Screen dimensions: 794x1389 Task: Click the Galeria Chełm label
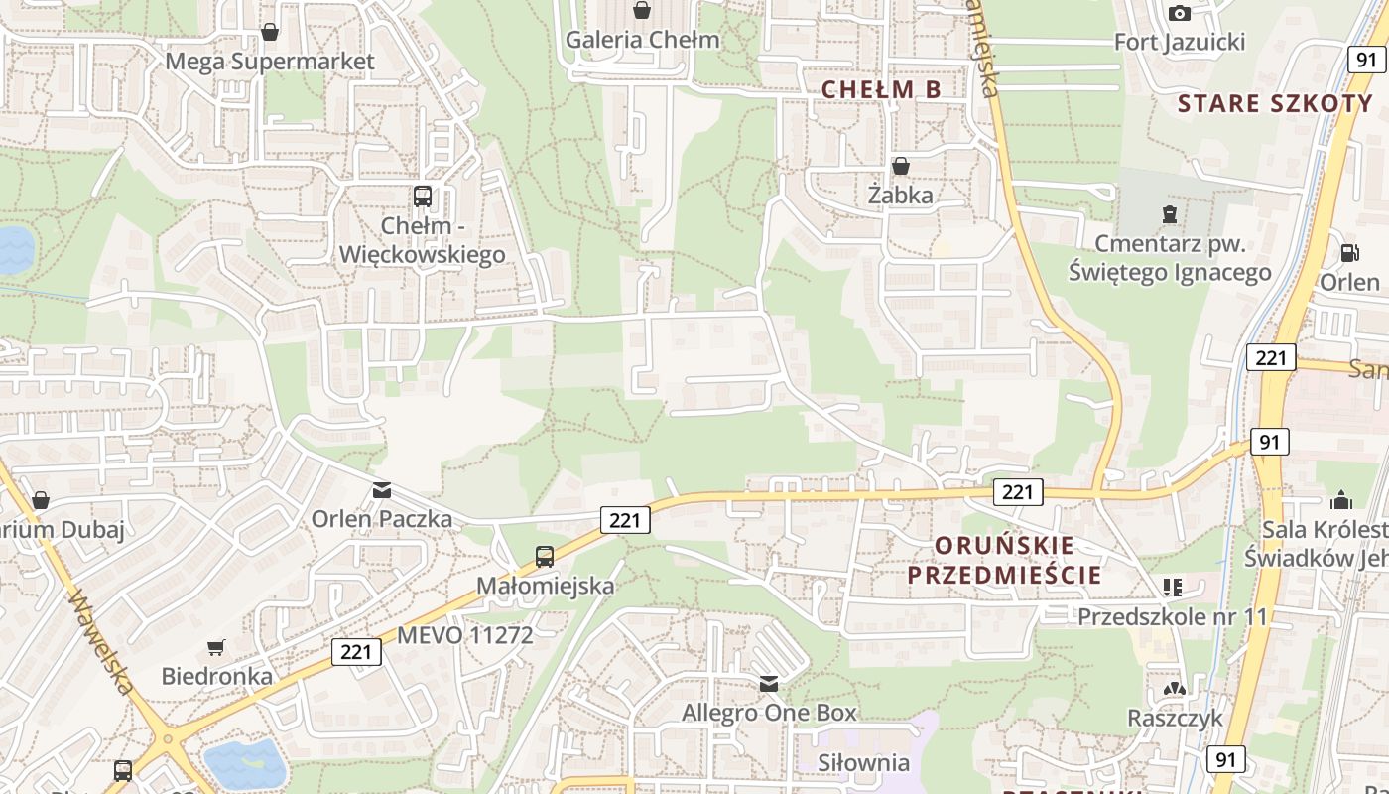(642, 40)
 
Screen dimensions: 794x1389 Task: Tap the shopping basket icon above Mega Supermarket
(269, 32)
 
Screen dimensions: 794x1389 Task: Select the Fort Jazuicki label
(1179, 42)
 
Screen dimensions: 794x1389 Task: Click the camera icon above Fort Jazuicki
(1179, 13)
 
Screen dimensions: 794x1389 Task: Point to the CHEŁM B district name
(881, 89)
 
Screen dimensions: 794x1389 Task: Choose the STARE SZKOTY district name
(1275, 103)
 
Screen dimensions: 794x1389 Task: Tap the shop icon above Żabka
(901, 165)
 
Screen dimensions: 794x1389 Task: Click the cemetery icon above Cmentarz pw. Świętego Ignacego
(1169, 213)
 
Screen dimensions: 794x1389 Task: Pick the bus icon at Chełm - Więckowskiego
(423, 196)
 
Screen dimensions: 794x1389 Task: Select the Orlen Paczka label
(382, 518)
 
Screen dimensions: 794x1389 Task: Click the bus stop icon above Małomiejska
(545, 556)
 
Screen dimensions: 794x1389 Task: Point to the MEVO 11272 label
(465, 635)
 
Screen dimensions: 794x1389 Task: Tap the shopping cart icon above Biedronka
(216, 648)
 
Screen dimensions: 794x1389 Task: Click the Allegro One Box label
(768, 713)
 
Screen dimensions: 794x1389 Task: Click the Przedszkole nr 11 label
(1173, 616)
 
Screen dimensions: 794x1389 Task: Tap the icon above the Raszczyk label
(1175, 688)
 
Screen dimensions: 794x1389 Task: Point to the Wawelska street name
(101, 641)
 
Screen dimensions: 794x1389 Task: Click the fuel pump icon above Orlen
(1349, 253)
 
